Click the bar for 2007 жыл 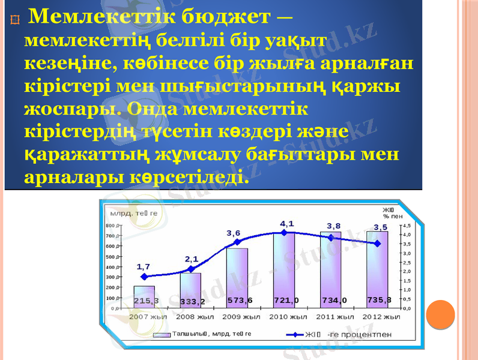pos(144,296)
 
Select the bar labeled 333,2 pos(190,290)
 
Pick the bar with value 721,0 pos(284,270)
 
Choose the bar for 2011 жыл pos(331,269)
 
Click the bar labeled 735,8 pos(377,269)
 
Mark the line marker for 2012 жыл pos(377,244)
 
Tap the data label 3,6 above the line pos(234,233)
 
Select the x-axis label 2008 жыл pos(193,316)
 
